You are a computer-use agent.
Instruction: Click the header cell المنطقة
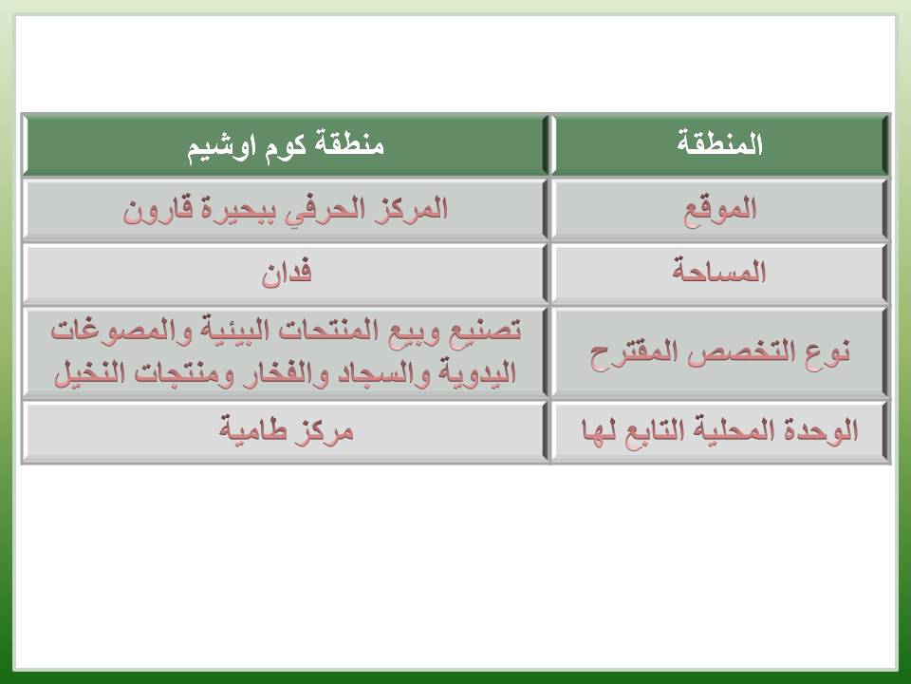click(720, 144)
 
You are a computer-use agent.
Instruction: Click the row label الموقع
click(720, 209)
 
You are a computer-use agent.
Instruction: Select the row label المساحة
click(720, 271)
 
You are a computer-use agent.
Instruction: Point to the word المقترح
click(636, 353)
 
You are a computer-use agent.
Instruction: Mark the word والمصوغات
click(121, 332)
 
